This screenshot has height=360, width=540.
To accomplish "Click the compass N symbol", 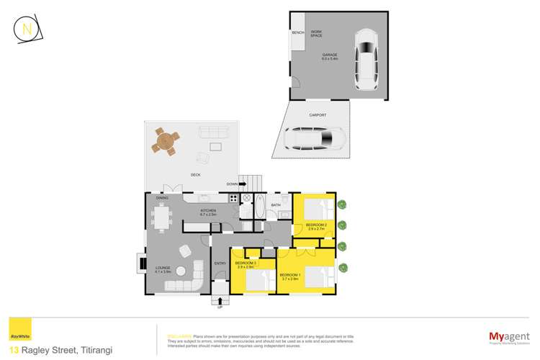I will coord(27,30).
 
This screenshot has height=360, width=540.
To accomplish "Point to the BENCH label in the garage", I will coord(297,33).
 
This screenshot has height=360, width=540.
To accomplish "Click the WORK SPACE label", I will coord(316,34).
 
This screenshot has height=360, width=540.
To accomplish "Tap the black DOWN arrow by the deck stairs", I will coord(242,184).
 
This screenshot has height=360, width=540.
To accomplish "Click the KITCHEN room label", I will coord(209,211).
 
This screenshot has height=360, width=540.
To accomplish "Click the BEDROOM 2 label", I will coord(316,226).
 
